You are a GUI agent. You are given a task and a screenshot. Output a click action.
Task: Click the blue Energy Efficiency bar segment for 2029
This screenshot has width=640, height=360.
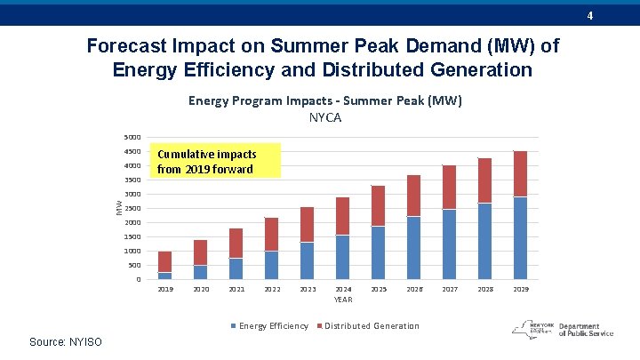pyautogui.click(x=520, y=238)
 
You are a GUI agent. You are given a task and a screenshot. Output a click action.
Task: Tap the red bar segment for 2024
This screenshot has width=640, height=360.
pyautogui.click(x=342, y=216)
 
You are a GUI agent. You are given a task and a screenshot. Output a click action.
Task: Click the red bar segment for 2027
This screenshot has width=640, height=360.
pyautogui.click(x=449, y=187)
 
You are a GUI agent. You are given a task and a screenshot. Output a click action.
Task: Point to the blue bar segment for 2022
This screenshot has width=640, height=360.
pyautogui.click(x=271, y=265)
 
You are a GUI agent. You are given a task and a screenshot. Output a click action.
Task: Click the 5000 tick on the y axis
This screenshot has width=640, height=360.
pyautogui.click(x=132, y=138)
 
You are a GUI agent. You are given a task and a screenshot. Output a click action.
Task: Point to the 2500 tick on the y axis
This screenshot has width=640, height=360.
pyautogui.click(x=132, y=209)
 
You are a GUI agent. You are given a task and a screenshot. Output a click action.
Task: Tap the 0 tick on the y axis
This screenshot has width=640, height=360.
pyautogui.click(x=138, y=280)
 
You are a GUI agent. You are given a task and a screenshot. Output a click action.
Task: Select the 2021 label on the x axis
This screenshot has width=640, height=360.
pyautogui.click(x=236, y=290)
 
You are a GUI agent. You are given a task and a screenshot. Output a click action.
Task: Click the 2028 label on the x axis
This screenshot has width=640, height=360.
pyautogui.click(x=484, y=290)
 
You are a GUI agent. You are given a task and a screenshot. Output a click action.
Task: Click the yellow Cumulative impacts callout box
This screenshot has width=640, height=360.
pyautogui.click(x=214, y=161)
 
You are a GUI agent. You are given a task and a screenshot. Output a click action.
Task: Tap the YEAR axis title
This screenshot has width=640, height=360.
pyautogui.click(x=343, y=300)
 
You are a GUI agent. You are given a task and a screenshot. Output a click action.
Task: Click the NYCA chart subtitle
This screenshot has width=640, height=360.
pyautogui.click(x=324, y=117)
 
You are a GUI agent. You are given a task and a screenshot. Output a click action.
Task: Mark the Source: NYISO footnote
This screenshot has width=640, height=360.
pyautogui.click(x=66, y=342)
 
